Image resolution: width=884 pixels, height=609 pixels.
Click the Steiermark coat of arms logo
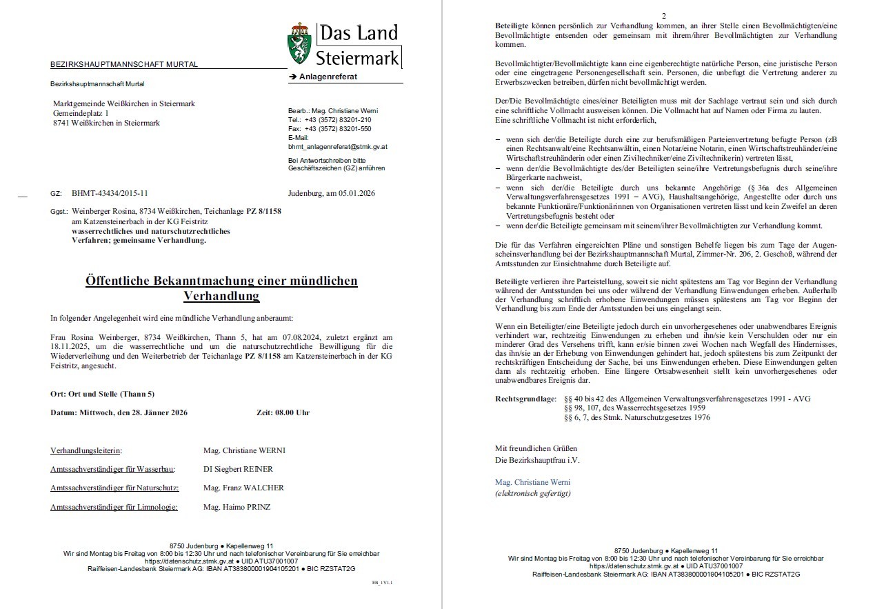point(299,44)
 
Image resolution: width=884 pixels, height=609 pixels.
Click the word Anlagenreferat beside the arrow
point(328,77)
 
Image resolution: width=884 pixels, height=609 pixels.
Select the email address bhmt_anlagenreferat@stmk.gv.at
point(337,147)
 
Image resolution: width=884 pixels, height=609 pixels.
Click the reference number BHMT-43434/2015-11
point(109,194)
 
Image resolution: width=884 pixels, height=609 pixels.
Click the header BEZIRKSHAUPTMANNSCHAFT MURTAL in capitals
point(123,65)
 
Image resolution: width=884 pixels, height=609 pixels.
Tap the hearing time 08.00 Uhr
point(292,412)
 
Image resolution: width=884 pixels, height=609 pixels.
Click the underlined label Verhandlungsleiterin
point(86,450)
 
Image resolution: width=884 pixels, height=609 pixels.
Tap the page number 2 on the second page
point(663,16)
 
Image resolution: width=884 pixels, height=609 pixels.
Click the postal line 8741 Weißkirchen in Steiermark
point(106,123)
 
